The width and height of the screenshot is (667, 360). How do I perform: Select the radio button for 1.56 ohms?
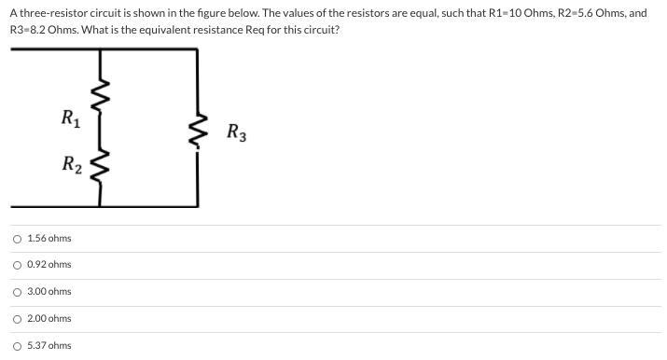(x=18, y=239)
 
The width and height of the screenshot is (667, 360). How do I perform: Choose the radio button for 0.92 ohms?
(x=18, y=265)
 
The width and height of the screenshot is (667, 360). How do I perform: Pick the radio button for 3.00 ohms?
(x=18, y=292)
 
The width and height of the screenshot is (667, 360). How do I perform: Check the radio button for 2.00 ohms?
(x=18, y=319)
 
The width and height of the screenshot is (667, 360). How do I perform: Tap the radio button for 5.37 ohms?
(x=18, y=346)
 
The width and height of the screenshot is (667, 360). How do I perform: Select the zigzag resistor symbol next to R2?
(x=103, y=168)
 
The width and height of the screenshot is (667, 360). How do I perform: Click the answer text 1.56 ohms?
(x=49, y=239)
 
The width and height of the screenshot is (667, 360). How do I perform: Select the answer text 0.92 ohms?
(x=49, y=265)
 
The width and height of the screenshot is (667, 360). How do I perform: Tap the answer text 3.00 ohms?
(x=49, y=292)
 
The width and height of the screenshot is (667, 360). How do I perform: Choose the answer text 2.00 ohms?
(x=49, y=319)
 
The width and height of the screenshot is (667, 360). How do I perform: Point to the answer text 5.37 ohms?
(x=49, y=346)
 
